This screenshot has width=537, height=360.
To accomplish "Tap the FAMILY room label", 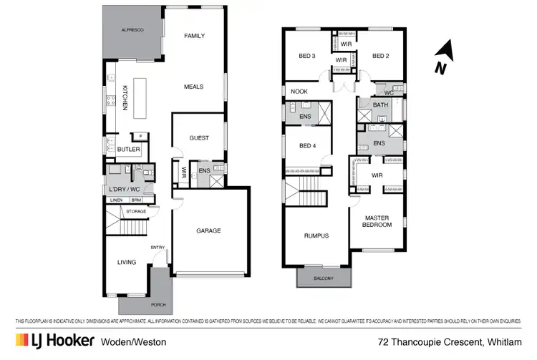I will point(195,36).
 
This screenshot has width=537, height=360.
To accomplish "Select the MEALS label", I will point(193,87).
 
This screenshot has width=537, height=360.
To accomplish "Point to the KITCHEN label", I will point(125,97).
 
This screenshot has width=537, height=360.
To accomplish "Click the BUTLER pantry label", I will point(129,149).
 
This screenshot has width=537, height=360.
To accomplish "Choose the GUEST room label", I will point(199,138).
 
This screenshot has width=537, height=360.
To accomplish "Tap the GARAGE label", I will point(209,230).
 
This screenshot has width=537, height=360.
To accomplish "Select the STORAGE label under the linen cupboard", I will point(136,211).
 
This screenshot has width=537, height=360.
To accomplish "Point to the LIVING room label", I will point(127,262).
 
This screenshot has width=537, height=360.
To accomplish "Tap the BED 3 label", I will point(307,57).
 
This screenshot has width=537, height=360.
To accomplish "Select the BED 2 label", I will point(379,57).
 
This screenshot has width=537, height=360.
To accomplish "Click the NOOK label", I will point(299,91).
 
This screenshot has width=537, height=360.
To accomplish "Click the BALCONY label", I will point(324,278).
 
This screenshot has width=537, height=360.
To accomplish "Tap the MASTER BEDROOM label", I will point(377,221).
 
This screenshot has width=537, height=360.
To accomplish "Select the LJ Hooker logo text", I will point(54,341).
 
